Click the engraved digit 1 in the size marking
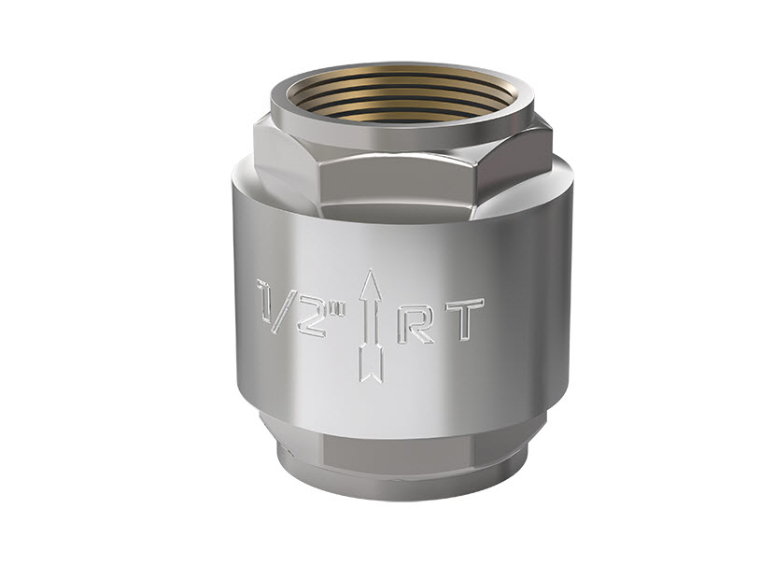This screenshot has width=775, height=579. [265, 301]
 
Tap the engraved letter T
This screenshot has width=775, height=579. [464, 319]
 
